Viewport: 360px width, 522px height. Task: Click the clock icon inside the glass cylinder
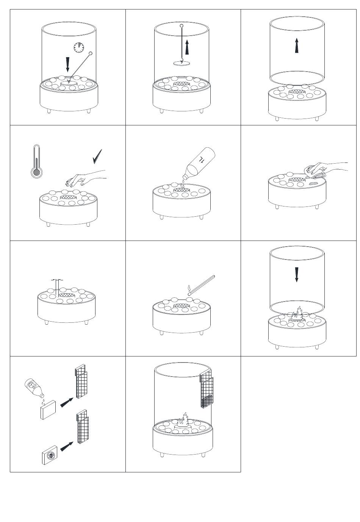click(x=79, y=47)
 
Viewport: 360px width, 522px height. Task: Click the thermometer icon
click(x=37, y=161)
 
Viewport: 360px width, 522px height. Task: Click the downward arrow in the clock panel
click(x=67, y=64)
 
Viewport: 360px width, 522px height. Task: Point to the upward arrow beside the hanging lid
click(x=187, y=47)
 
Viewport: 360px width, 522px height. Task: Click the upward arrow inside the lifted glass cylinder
click(x=297, y=45)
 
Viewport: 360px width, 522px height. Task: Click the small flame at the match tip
click(x=189, y=289)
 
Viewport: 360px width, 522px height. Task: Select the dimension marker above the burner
click(x=57, y=280)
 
